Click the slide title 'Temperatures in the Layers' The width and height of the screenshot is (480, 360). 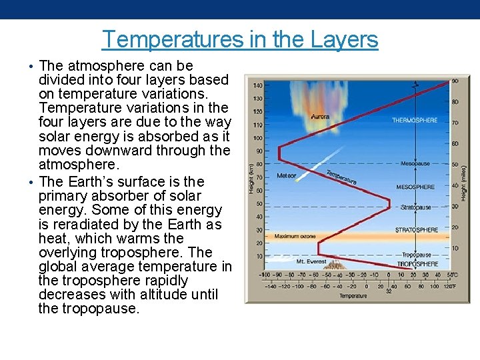pos(240,40)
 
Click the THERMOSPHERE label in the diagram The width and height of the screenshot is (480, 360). pos(415,120)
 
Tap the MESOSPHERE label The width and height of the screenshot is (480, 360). pos(415,187)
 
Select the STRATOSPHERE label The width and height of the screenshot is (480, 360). pos(417,230)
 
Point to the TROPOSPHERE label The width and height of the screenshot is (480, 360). pos(418,265)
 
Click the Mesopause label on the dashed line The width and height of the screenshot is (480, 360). pos(415,163)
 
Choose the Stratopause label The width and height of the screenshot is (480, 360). pos(415,207)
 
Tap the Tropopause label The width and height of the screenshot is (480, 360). pos(417,255)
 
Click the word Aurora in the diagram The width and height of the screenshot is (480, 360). pos(320,117)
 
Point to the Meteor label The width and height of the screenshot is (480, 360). pos(286,176)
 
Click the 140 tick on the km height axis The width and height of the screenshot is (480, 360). pos(257,85)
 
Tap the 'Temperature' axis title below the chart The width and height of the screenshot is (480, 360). pos(353,296)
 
